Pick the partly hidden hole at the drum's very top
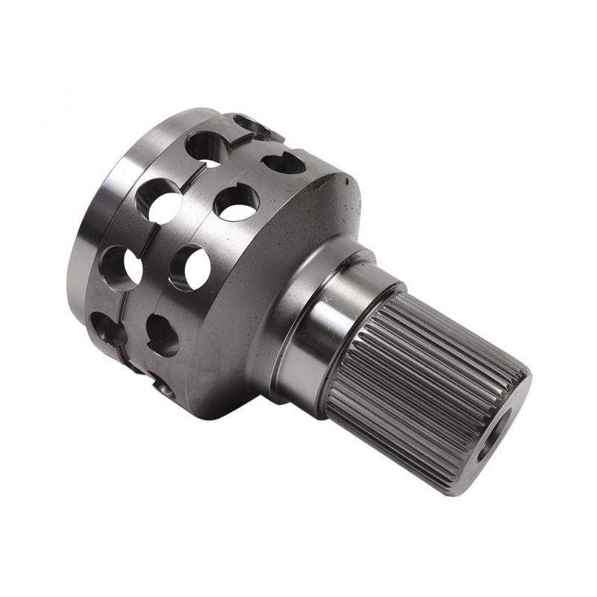click(x=250, y=125)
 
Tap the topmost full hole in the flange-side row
click(x=207, y=147)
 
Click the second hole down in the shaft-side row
click(x=237, y=201)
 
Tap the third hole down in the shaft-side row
click(x=190, y=267)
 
